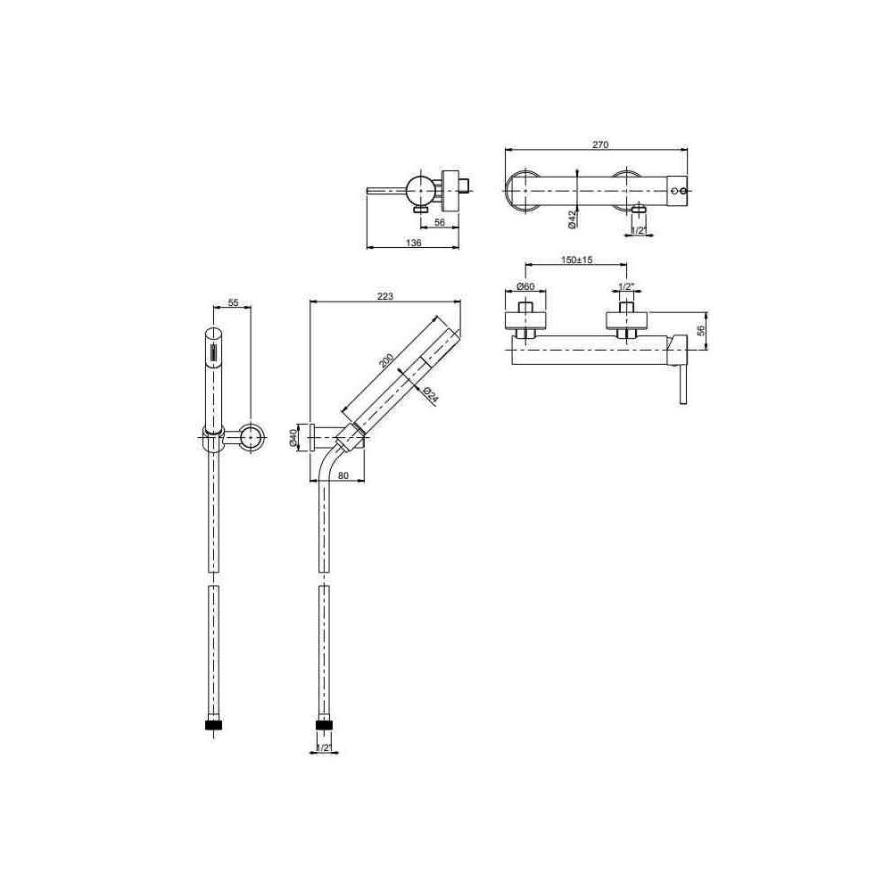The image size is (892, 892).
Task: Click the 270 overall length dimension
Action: click(x=600, y=145)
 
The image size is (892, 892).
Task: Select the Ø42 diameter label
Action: click(x=573, y=219)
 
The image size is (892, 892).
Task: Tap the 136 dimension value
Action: click(x=414, y=243)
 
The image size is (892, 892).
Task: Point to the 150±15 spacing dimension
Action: click(x=577, y=260)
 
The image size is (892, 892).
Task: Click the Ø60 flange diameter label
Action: click(x=525, y=286)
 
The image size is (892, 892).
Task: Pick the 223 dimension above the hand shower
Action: click(x=385, y=296)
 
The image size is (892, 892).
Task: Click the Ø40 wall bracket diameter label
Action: click(x=293, y=439)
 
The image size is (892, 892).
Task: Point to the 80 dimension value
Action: click(x=343, y=475)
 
